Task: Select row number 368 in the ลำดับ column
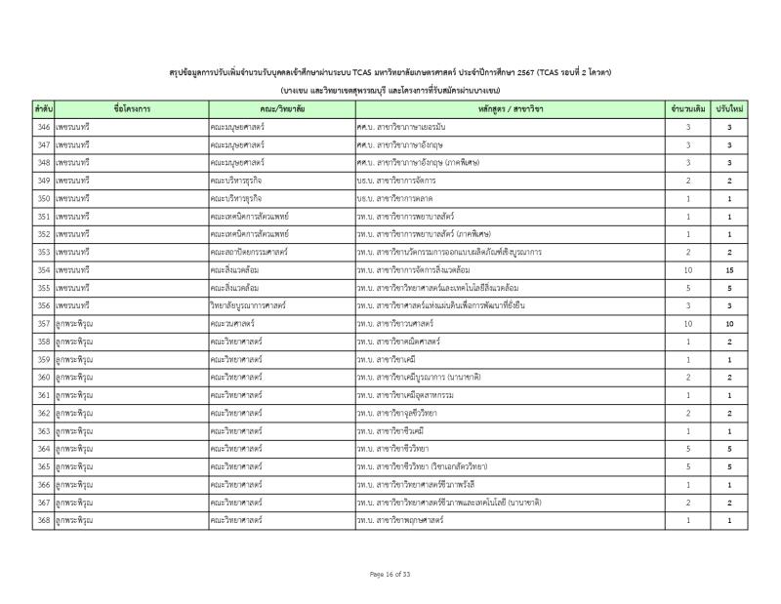[x=43, y=520]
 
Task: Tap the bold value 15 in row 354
[x=729, y=270]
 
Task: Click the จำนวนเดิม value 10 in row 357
[x=688, y=324]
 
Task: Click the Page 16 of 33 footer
[x=390, y=574]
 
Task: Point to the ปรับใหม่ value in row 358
[x=729, y=342]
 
